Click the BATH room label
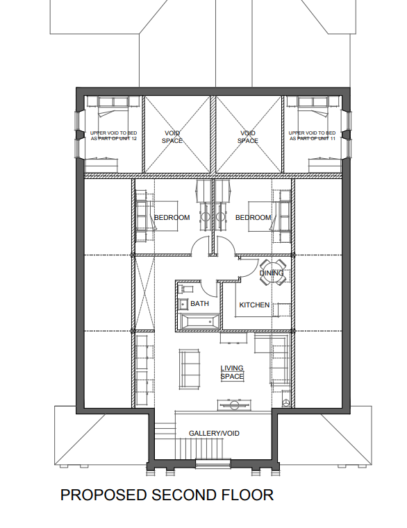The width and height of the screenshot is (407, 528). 199,304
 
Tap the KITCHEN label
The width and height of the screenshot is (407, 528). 254,305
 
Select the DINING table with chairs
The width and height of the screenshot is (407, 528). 273,273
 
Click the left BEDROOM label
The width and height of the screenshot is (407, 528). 172,218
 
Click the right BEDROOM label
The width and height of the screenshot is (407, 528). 254,218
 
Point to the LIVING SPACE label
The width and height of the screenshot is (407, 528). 232,373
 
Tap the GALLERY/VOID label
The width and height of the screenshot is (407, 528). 214,434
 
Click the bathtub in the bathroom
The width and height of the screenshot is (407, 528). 200,321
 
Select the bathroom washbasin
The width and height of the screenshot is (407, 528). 184,305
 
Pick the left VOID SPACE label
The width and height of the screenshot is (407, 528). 172,137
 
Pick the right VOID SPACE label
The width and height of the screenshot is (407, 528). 248,137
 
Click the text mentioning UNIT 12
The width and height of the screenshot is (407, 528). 114,136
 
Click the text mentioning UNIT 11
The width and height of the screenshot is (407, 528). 313,136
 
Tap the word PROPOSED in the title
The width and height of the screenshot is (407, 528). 103,495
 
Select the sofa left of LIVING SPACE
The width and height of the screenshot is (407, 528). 189,370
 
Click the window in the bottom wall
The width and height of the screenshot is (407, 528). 213,464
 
